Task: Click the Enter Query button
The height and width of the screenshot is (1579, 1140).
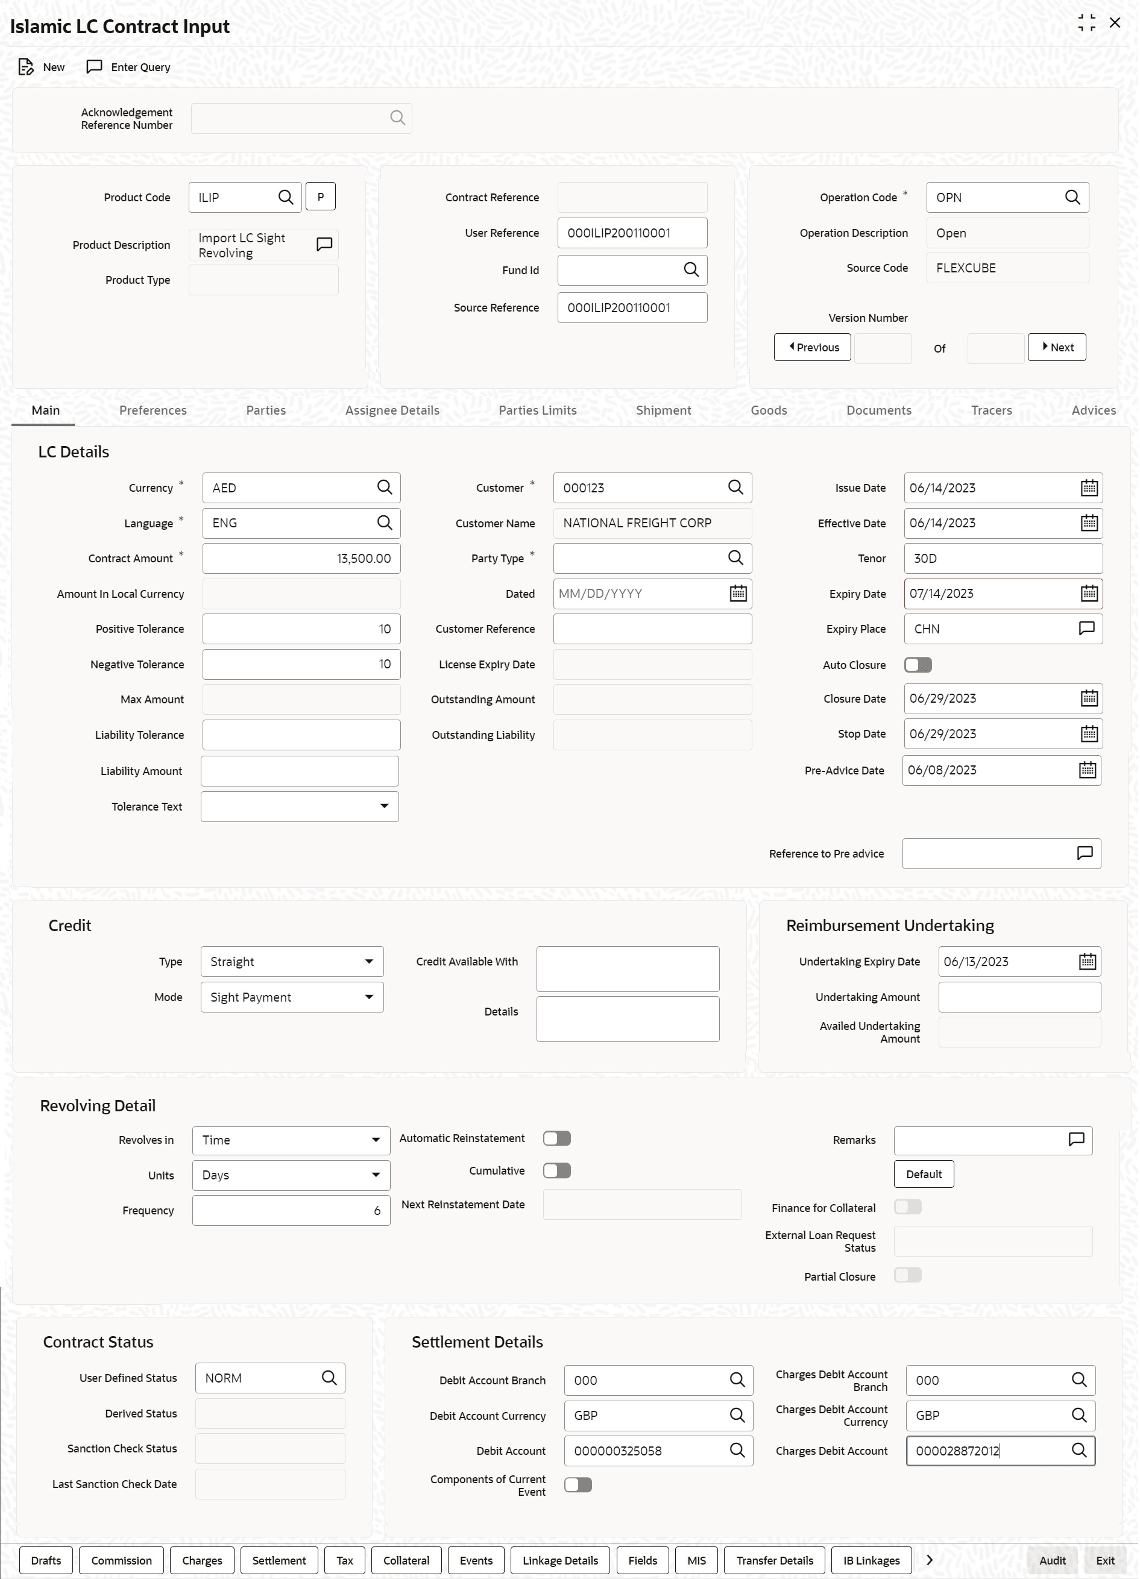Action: (128, 67)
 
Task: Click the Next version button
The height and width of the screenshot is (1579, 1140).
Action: (1056, 347)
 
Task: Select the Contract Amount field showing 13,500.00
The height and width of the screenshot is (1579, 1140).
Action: (301, 558)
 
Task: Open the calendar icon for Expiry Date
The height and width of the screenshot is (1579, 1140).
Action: (1089, 594)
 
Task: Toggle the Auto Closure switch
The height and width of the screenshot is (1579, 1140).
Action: (918, 665)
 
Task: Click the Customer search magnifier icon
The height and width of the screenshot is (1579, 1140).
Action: (735, 488)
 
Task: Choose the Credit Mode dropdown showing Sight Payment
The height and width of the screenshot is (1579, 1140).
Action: (292, 997)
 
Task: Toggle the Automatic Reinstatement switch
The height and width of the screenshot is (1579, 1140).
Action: (556, 1138)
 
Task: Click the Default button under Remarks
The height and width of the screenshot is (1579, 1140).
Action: (924, 1175)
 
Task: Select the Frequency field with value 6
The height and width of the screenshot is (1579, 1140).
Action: (291, 1211)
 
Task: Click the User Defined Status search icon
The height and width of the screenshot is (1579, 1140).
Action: (329, 1378)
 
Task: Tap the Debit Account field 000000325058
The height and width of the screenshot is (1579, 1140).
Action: (644, 1451)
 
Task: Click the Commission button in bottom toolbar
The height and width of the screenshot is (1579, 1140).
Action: (121, 1560)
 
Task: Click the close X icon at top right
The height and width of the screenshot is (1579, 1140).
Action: (1115, 23)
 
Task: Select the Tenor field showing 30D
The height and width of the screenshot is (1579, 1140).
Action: (1002, 558)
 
